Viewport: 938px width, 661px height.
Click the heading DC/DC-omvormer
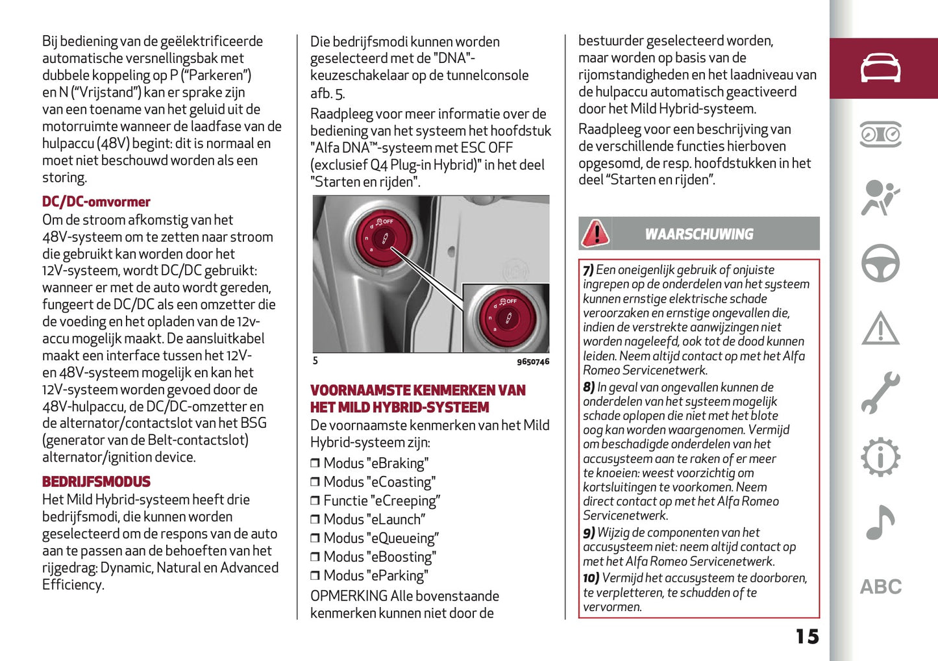[96, 202]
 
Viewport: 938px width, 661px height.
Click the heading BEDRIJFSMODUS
[96, 482]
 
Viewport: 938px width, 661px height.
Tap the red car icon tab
[880, 68]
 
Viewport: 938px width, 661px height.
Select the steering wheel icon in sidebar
[880, 264]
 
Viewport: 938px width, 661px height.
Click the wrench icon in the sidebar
[880, 393]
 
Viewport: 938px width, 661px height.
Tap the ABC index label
[880, 587]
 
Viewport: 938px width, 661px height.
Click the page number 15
[807, 636]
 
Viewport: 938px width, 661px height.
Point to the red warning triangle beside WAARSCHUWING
[595, 234]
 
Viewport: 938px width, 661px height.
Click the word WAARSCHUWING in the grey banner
[699, 234]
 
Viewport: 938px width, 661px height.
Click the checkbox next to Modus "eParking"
[315, 576]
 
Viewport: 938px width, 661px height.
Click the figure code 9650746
[532, 362]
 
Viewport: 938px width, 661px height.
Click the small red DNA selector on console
[382, 238]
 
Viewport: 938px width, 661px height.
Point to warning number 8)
[588, 388]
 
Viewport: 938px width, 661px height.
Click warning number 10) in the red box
[590, 579]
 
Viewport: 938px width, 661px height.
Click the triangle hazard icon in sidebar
[880, 329]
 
